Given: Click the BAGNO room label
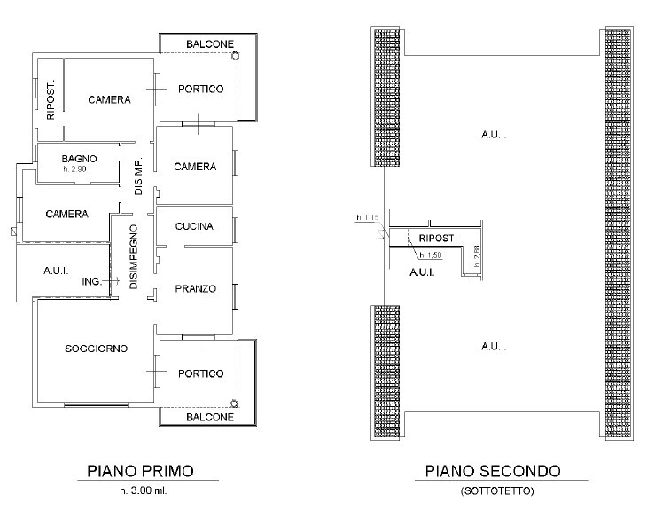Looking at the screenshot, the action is point(79,159).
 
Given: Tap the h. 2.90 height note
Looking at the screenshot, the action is point(74,169).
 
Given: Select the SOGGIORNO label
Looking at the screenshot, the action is point(96,349).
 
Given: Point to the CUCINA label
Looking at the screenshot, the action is point(194,226).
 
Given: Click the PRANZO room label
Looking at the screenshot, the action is point(195,288).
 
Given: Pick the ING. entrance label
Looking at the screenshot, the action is point(92,281).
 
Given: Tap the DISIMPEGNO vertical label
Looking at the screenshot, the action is point(134,257).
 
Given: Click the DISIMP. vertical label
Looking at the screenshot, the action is point(138,177).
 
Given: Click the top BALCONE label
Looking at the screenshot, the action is point(210,44).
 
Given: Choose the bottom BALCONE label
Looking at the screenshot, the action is point(210,417).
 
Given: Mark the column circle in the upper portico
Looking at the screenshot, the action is point(235,56).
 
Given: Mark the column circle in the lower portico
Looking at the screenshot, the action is point(234,404).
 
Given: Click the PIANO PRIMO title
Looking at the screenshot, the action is point(140,471).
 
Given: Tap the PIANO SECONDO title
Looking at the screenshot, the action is point(493,471).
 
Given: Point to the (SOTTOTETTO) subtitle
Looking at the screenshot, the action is point(497,490).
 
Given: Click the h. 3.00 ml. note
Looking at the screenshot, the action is point(144,490).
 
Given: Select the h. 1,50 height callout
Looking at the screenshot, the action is point(431,255).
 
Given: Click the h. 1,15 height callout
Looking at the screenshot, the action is point(367,217).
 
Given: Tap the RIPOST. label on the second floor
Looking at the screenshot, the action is point(438,238).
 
